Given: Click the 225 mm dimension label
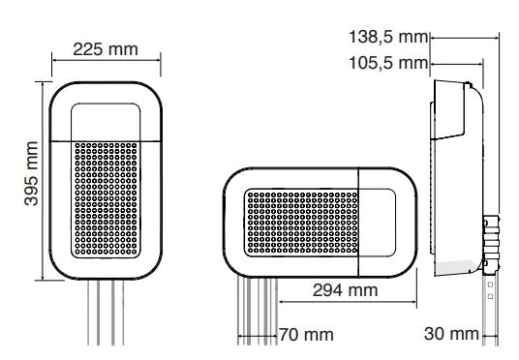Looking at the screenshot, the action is (x=106, y=49).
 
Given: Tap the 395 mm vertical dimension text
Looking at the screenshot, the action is (x=31, y=174).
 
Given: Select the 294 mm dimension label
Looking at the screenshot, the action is (x=346, y=290).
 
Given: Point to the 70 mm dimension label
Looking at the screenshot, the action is (x=306, y=335).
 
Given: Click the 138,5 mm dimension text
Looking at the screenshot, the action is (x=388, y=37).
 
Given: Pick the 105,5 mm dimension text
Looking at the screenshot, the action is (x=388, y=63).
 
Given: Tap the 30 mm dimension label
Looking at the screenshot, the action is (x=451, y=334).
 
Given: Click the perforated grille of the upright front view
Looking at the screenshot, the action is (x=106, y=199).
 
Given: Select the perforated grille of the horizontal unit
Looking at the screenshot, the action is (x=302, y=223).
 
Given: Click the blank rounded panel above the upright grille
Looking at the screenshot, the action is (x=106, y=122).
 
